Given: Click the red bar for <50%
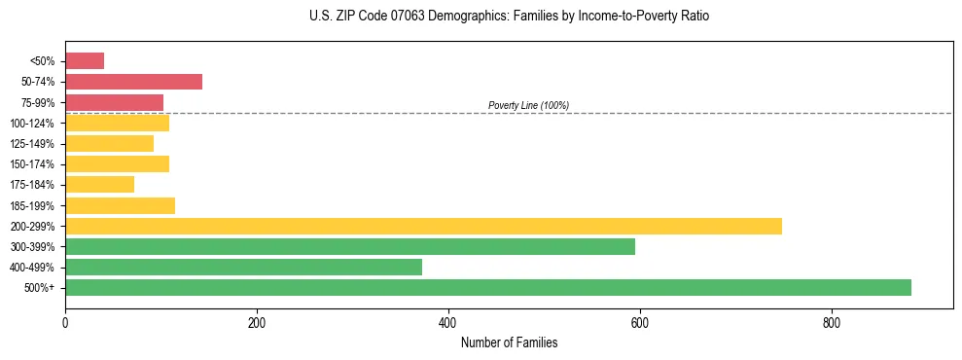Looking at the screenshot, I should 85,61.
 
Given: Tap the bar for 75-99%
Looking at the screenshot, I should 114,102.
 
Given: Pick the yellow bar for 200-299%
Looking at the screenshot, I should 423,226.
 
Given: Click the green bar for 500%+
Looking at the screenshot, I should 487,287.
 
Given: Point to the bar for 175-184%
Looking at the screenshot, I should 99,184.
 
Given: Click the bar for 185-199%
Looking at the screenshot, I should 120,205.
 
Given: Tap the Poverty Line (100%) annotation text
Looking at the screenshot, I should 528,105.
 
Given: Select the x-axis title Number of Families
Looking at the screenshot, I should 509,342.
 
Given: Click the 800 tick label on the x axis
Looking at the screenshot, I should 832,323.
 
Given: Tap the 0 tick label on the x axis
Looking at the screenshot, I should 65,323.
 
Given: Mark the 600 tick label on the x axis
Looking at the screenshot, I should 640,323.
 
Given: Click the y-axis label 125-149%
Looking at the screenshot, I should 33,144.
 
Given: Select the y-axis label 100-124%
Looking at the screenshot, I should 33,124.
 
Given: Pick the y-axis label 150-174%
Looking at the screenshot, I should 33,164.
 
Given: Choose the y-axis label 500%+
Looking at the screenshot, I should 40,288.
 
